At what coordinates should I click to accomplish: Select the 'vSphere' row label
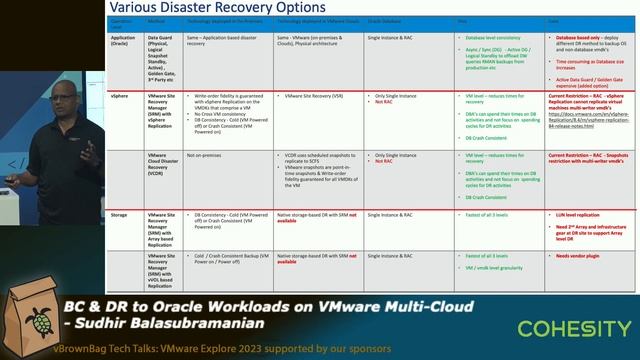tap(118, 95)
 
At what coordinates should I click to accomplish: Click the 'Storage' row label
tap(118, 213)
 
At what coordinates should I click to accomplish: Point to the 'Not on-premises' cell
tap(204, 155)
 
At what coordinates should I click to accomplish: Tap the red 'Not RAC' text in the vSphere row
tap(383, 101)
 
